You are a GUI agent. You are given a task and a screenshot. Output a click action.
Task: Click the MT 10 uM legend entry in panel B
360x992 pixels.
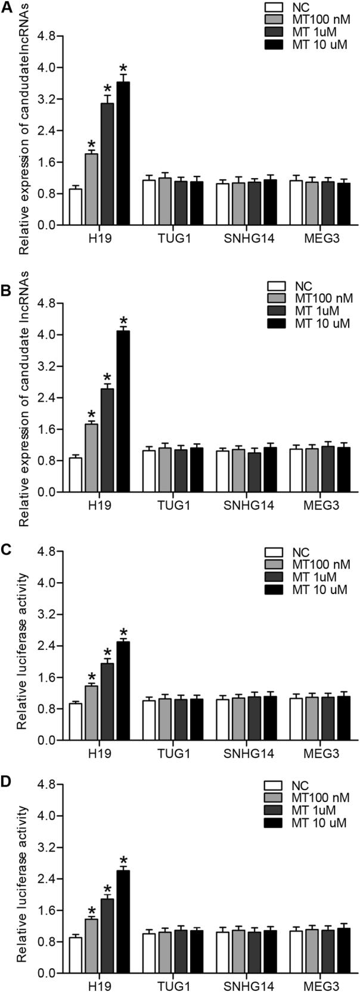tap(319, 324)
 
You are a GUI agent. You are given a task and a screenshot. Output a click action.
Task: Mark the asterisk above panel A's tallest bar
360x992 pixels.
tap(123, 67)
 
